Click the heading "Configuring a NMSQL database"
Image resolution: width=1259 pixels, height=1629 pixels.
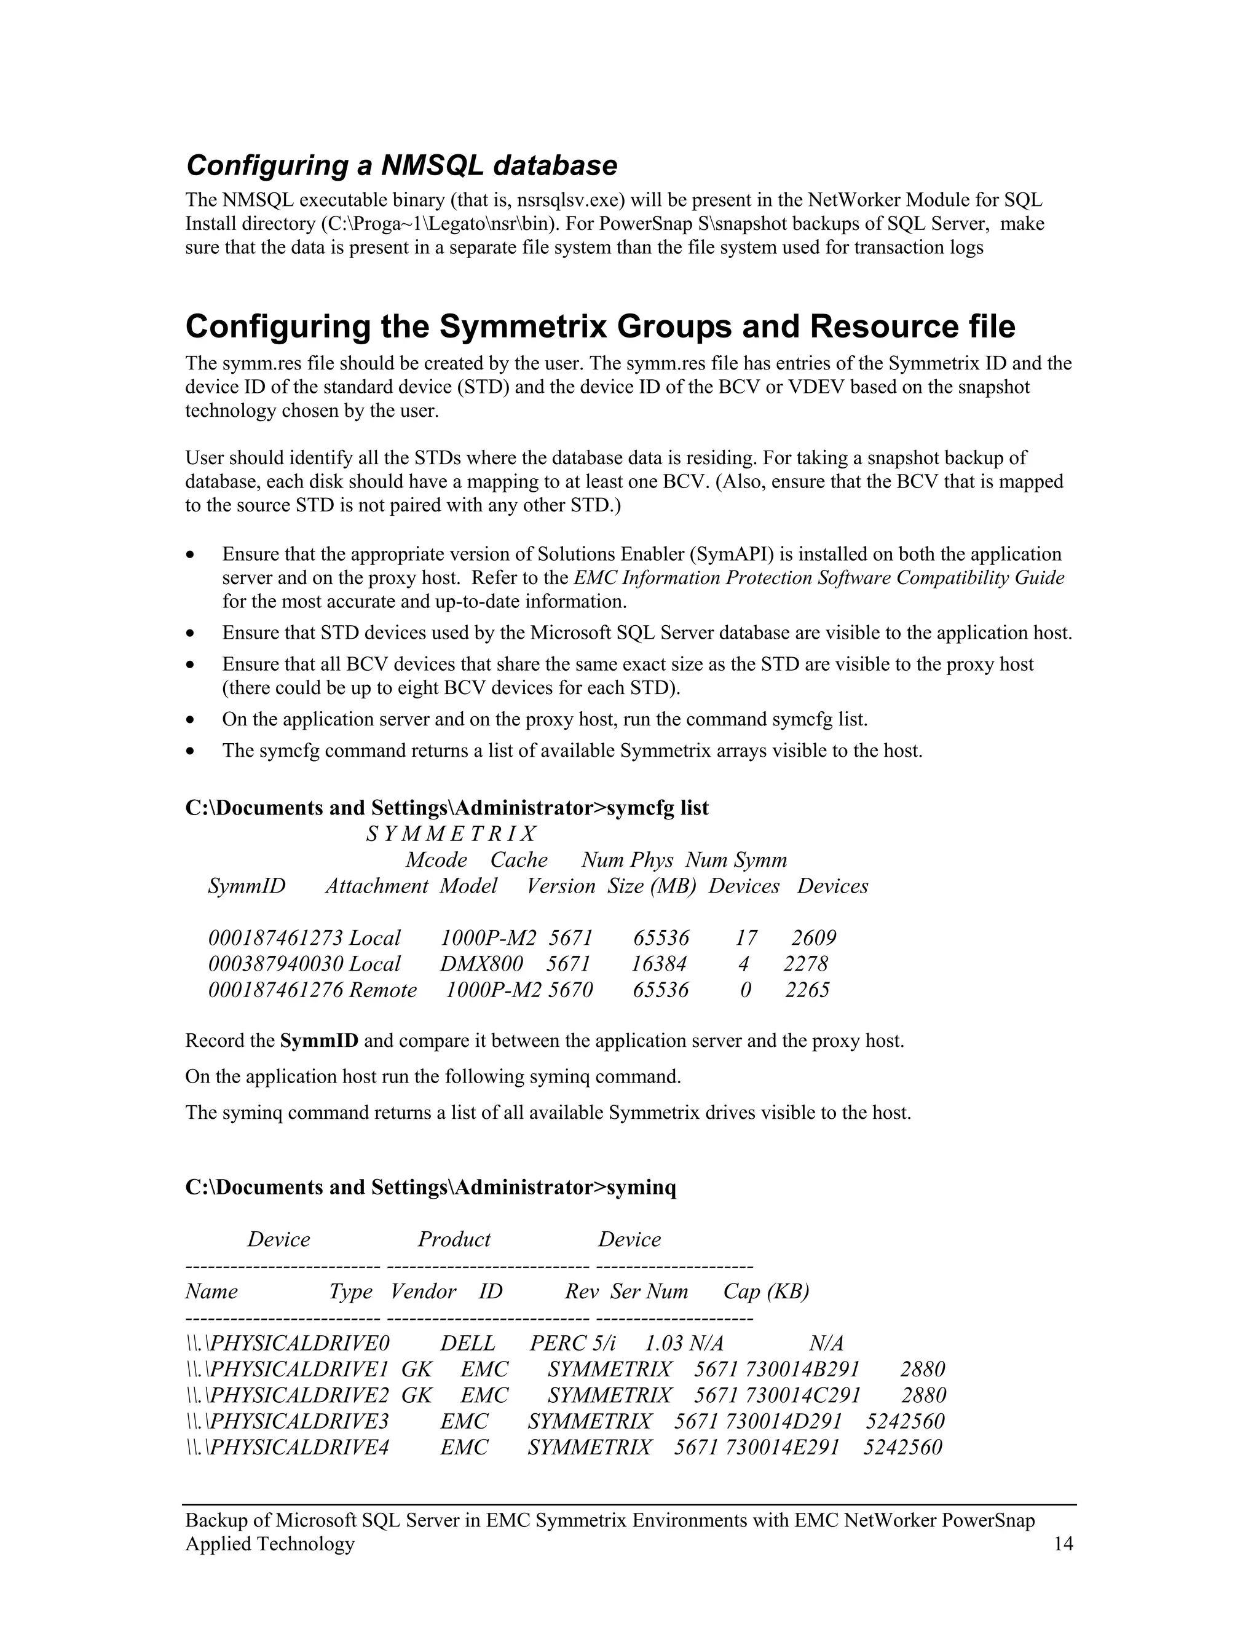point(401,165)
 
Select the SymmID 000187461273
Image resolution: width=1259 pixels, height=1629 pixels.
point(276,937)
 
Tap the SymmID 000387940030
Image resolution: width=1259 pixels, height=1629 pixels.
point(276,964)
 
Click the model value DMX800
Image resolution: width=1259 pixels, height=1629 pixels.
point(481,964)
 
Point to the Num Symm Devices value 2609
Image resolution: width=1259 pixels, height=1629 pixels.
point(814,937)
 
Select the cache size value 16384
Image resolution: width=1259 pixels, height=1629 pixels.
point(658,964)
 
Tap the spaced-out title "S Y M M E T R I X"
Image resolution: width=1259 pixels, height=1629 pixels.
point(451,834)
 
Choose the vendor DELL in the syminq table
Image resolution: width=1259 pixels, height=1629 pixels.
point(468,1343)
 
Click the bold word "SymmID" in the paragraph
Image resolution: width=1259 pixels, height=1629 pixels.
point(319,1041)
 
